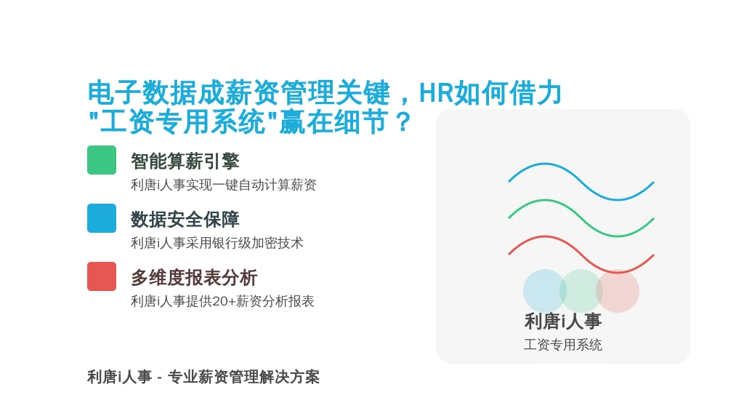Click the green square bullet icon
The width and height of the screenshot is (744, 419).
click(x=102, y=160)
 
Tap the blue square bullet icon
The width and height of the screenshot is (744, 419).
click(x=102, y=218)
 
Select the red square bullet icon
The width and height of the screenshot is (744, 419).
click(x=102, y=276)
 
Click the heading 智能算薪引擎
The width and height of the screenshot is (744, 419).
click(x=185, y=161)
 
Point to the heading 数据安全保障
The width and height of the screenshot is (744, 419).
click(x=185, y=220)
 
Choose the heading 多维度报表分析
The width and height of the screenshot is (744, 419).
click(x=194, y=278)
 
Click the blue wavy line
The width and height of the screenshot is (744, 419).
click(x=581, y=182)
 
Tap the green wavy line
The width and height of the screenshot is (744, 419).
click(x=581, y=218)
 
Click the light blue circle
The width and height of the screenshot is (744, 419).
click(x=545, y=291)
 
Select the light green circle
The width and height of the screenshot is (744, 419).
click(x=581, y=291)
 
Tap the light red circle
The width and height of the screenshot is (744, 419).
click(x=618, y=291)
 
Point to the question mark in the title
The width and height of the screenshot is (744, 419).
click(x=403, y=122)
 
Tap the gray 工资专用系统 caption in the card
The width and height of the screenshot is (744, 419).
click(x=563, y=345)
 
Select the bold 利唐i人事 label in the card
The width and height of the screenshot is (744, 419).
click(x=563, y=322)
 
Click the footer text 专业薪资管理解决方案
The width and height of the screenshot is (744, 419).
click(x=243, y=378)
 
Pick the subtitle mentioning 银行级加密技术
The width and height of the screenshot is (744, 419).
click(x=217, y=243)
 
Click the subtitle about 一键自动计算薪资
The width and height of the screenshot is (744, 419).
click(x=224, y=185)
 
